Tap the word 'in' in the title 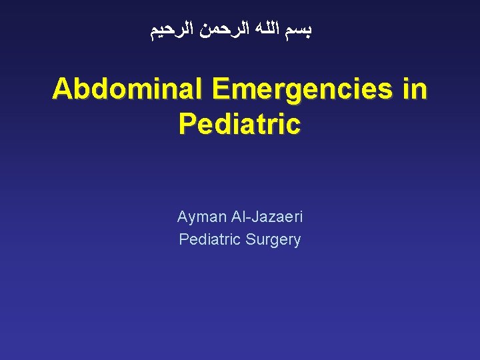pos(414,90)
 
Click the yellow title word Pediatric pos(240,124)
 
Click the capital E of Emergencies pos(220,90)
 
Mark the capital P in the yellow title pos(188,124)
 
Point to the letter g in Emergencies pos(304,93)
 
